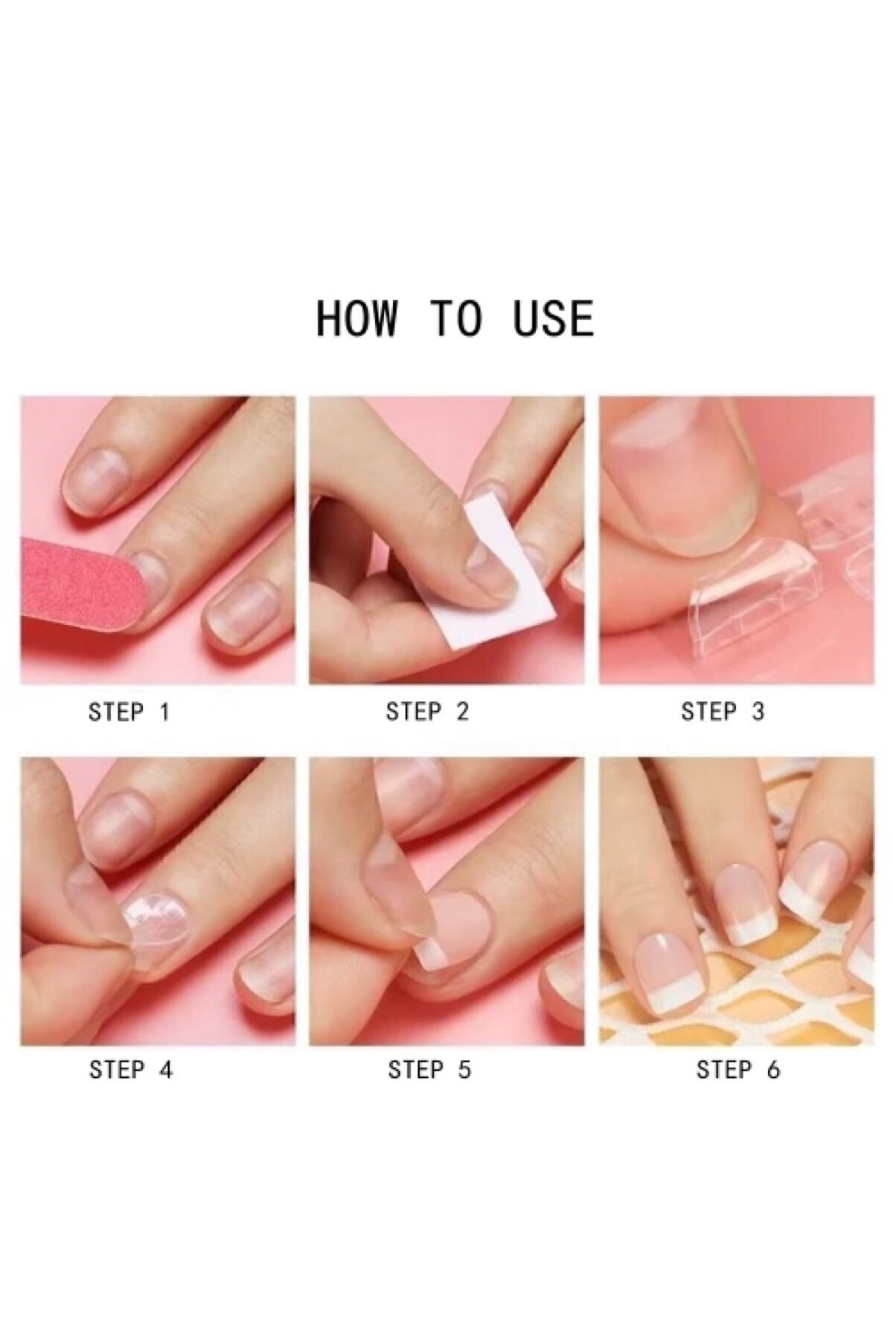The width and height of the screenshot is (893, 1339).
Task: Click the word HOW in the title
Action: [x=356, y=318]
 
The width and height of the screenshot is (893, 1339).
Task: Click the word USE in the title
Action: [x=554, y=318]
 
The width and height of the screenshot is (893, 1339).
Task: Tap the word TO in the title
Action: [x=455, y=318]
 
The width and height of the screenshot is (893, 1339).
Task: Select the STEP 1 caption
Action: [x=129, y=712]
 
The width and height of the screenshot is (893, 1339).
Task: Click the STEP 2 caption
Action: [x=428, y=712]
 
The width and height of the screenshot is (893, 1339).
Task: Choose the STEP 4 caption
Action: [x=131, y=1070]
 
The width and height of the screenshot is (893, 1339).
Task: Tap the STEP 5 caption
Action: [x=429, y=1070]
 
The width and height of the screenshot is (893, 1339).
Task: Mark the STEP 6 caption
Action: [x=738, y=1070]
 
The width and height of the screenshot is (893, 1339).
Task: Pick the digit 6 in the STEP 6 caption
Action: [x=774, y=1070]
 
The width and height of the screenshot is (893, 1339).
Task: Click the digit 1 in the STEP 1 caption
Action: [x=165, y=712]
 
